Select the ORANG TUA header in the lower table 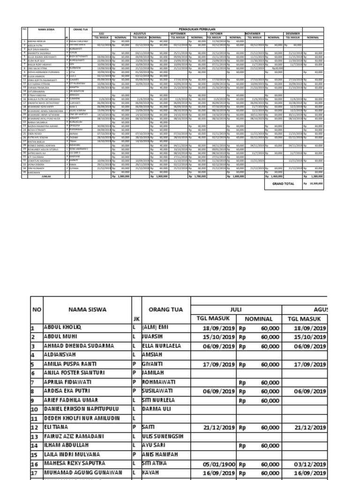pyautogui.click(x=161, y=309)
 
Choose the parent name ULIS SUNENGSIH pyautogui.click(x=160, y=436)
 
